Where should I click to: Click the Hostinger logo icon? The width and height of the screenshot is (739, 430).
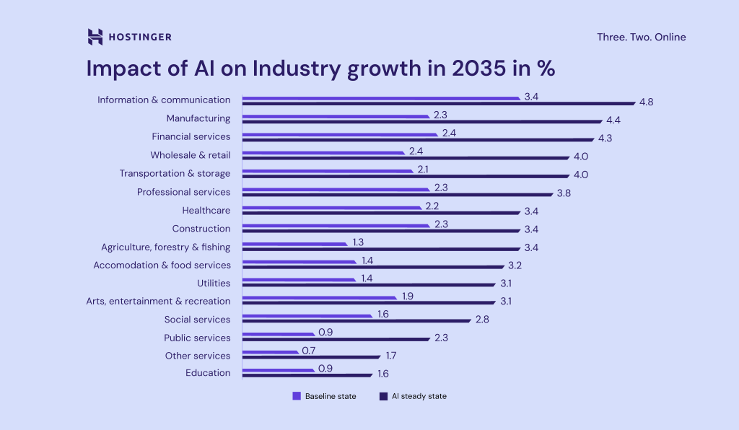pyautogui.click(x=95, y=37)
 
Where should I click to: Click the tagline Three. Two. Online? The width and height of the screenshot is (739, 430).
pyautogui.click(x=641, y=37)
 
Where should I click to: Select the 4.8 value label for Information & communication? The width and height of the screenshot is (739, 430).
pyautogui.click(x=646, y=102)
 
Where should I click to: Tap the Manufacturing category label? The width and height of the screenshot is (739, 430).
pyautogui.click(x=198, y=118)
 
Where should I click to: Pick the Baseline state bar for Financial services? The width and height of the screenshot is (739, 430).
pyautogui.click(x=339, y=134)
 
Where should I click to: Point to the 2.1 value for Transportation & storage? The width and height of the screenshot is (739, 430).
pyautogui.click(x=424, y=169)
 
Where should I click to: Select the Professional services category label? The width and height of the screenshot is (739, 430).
pyautogui.click(x=183, y=192)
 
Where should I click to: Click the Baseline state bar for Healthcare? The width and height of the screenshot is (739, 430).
pyautogui.click(x=331, y=207)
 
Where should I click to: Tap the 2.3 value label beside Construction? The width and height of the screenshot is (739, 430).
pyautogui.click(x=441, y=224)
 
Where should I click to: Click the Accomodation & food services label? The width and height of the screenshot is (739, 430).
pyautogui.click(x=162, y=265)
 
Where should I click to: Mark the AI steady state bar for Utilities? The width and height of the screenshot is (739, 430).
pyautogui.click(x=368, y=285)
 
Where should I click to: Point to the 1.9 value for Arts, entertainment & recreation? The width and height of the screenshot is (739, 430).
pyautogui.click(x=406, y=297)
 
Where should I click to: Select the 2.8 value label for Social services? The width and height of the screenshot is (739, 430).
pyautogui.click(x=482, y=320)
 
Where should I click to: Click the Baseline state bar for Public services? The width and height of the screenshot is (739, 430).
pyautogui.click(x=278, y=334)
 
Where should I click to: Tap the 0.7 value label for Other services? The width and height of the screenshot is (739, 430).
pyautogui.click(x=309, y=351)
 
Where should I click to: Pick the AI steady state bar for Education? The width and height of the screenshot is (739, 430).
pyautogui.click(x=307, y=375)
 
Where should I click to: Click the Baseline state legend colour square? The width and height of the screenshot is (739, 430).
pyautogui.click(x=296, y=396)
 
